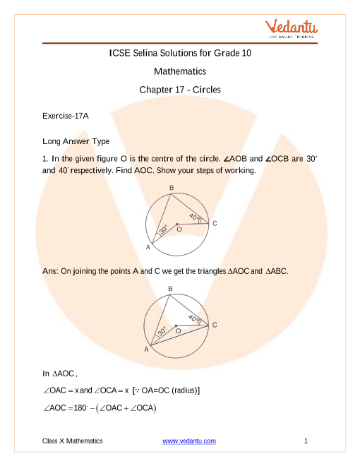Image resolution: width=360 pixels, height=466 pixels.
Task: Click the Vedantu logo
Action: (291, 28)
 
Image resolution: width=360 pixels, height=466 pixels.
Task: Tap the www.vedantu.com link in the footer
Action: (189, 441)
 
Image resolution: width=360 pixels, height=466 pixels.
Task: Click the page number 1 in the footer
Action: (306, 441)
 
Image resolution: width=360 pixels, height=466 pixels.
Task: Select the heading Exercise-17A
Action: (66, 116)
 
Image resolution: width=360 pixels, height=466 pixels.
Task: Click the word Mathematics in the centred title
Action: (180, 71)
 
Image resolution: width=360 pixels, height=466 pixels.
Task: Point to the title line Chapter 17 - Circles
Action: (180, 90)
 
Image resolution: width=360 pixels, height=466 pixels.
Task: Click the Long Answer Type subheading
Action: (76, 141)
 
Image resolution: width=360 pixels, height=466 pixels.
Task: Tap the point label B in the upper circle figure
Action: (172, 188)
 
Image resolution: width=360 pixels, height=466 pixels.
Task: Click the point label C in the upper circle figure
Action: (215, 223)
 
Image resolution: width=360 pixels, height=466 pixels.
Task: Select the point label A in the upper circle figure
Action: (148, 247)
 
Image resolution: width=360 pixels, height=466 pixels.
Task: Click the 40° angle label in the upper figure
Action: (194, 217)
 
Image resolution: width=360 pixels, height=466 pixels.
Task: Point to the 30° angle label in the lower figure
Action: (162, 331)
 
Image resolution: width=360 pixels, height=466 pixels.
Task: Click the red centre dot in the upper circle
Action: (177, 225)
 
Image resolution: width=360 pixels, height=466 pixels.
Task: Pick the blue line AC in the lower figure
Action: (179, 335)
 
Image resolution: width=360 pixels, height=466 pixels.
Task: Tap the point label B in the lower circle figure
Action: (170, 289)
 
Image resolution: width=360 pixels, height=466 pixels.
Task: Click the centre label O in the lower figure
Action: (178, 330)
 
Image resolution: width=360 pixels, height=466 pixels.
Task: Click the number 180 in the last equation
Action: (80, 408)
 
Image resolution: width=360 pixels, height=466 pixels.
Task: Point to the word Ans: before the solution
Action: (51, 271)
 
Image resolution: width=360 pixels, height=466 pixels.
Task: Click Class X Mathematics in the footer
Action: (73, 441)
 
